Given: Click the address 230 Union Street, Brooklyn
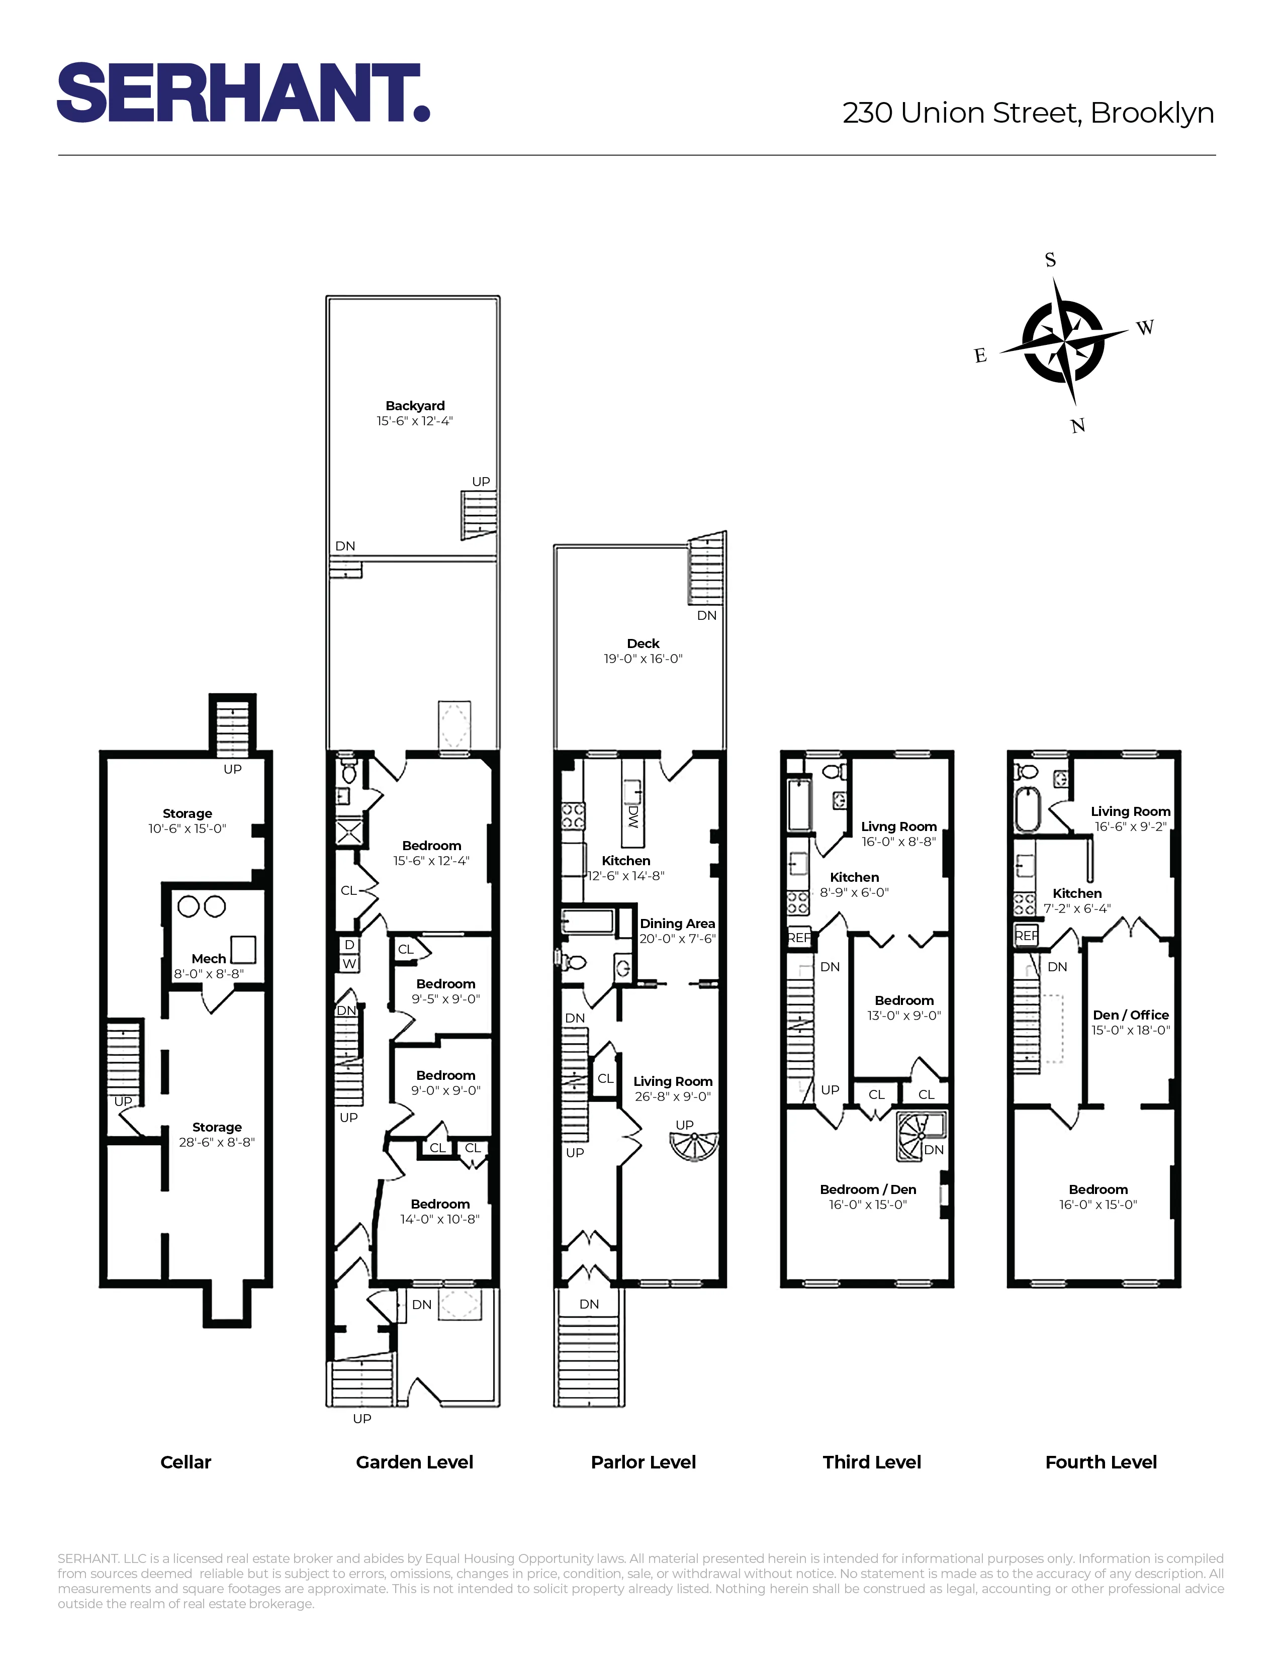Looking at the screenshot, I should pyautogui.click(x=1028, y=113).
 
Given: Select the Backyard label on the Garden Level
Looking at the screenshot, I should pyautogui.click(x=415, y=406).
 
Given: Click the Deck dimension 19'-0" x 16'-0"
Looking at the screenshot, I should pyautogui.click(x=643, y=659).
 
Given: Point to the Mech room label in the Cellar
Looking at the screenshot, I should pyautogui.click(x=208, y=959).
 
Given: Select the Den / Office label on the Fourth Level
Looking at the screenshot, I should pyautogui.click(x=1130, y=1015).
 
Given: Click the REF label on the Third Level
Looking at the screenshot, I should pyautogui.click(x=799, y=938).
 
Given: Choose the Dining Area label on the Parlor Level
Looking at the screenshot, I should pyautogui.click(x=677, y=924).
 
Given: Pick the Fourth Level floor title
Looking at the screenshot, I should pyautogui.click(x=1101, y=1462).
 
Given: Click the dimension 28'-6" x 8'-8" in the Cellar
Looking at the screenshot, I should pyautogui.click(x=217, y=1143).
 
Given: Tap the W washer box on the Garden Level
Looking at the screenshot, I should pyautogui.click(x=349, y=964).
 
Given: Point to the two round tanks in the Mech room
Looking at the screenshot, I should pyautogui.click(x=201, y=906).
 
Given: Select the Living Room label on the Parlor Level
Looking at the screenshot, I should pyautogui.click(x=672, y=1082).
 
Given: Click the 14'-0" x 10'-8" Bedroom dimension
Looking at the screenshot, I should pyautogui.click(x=440, y=1219).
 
